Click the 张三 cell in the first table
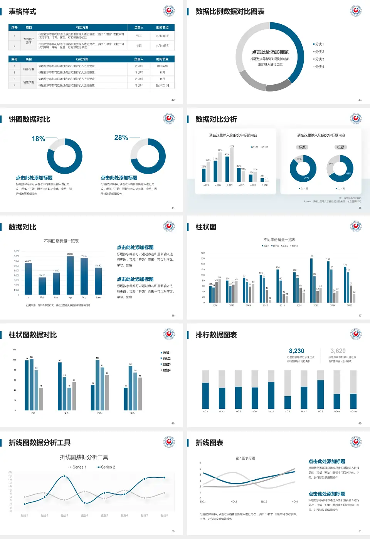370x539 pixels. click(x=139, y=36)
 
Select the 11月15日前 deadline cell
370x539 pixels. click(x=162, y=45)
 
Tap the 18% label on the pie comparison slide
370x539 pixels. click(x=38, y=139)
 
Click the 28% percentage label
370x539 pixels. click(x=121, y=137)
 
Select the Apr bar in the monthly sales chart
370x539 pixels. click(x=70, y=275)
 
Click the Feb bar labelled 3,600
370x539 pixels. click(x=42, y=286)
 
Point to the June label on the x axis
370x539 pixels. click(x=98, y=298)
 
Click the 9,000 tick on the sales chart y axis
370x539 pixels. click(x=17, y=251)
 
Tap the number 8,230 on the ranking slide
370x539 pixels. click(x=296, y=351)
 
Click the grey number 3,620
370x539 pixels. click(x=338, y=351)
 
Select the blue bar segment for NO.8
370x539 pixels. click(x=320, y=394)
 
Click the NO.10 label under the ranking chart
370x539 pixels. click(x=353, y=412)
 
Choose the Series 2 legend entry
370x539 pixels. click(x=106, y=467)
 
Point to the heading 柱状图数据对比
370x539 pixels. click(x=33, y=335)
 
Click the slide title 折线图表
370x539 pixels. click(x=209, y=443)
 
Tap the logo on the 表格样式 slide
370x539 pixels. click(x=169, y=11)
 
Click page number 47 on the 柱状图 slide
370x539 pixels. click(x=360, y=315)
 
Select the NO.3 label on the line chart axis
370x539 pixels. click(x=264, y=502)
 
